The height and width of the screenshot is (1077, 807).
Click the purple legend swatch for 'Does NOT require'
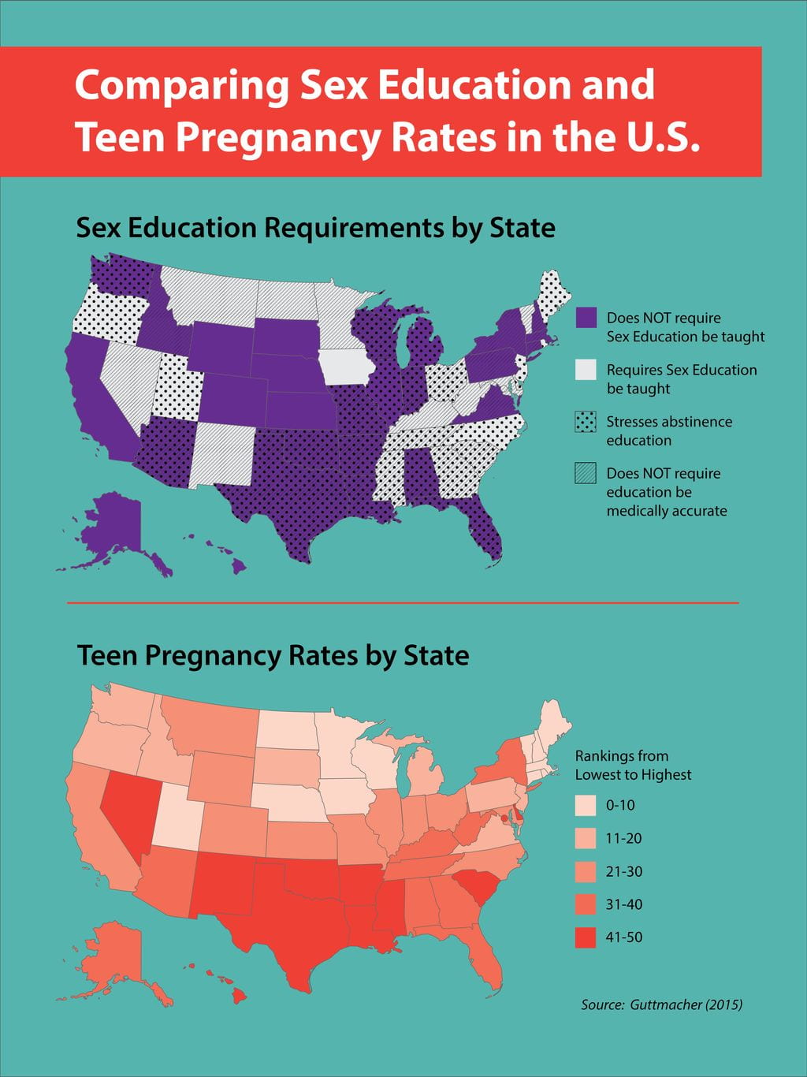(586, 318)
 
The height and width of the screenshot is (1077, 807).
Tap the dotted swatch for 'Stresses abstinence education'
(586, 422)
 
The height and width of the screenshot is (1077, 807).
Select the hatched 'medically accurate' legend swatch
(586, 473)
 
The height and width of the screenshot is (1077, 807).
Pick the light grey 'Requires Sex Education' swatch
(586, 370)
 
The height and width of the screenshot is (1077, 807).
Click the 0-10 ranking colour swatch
(586, 805)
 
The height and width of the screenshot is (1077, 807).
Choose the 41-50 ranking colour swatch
(586, 937)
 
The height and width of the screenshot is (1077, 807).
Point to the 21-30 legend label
(623, 871)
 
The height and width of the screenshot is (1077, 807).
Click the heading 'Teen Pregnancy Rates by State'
(273, 655)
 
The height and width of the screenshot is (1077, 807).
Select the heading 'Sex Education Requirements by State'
(315, 228)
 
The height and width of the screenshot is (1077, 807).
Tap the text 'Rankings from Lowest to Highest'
(633, 765)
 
